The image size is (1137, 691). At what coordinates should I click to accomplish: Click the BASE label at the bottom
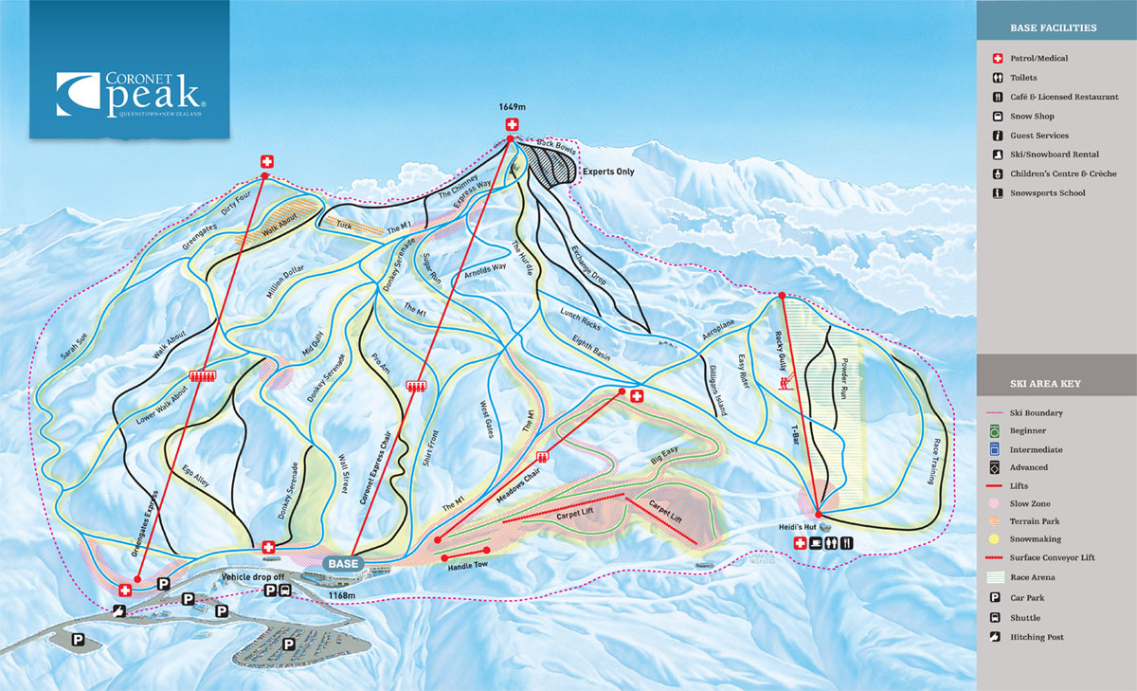point(341,562)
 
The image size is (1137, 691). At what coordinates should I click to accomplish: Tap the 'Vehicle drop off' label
point(252,576)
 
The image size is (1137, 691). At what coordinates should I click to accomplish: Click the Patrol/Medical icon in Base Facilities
point(998,59)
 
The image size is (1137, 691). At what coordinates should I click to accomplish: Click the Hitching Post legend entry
point(1037,637)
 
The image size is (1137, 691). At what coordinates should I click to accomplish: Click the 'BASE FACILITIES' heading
point(1054,28)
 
